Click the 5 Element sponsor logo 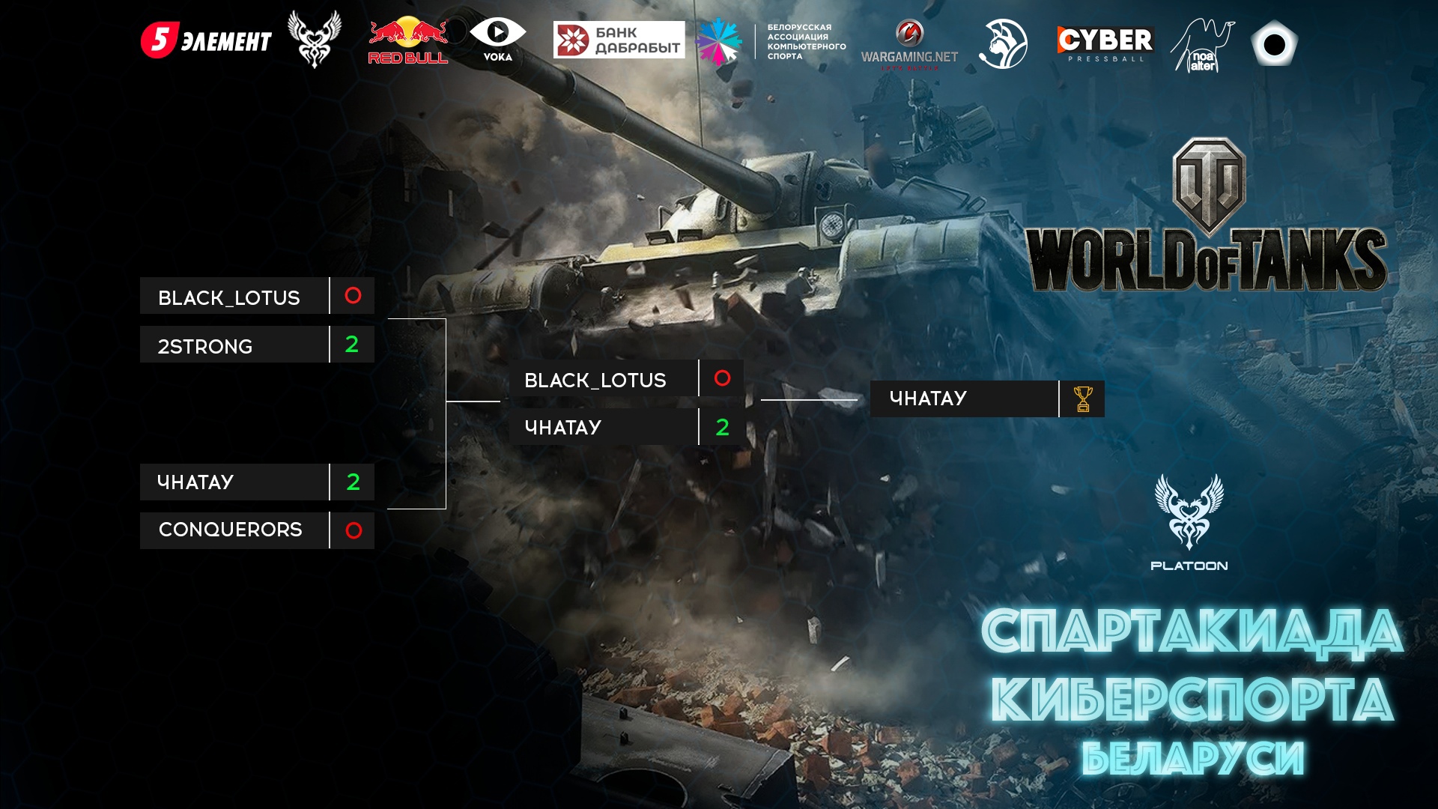(206, 40)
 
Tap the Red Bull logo (407, 40)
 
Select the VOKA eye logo (497, 39)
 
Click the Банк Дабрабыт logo (619, 40)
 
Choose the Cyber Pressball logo (1105, 43)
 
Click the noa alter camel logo (1202, 46)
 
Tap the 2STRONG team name (205, 346)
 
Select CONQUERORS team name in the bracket (231, 530)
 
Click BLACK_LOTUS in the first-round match (229, 297)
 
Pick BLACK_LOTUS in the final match (595, 380)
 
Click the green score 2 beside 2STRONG (352, 345)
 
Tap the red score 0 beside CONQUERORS (354, 530)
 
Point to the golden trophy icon (1083, 399)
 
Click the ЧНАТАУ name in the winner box (928, 399)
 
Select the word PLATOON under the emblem (1189, 566)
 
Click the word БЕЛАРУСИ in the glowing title (1192, 758)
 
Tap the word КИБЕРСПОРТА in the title (1192, 700)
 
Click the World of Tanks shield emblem (1209, 186)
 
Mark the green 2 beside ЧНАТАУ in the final (722, 427)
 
